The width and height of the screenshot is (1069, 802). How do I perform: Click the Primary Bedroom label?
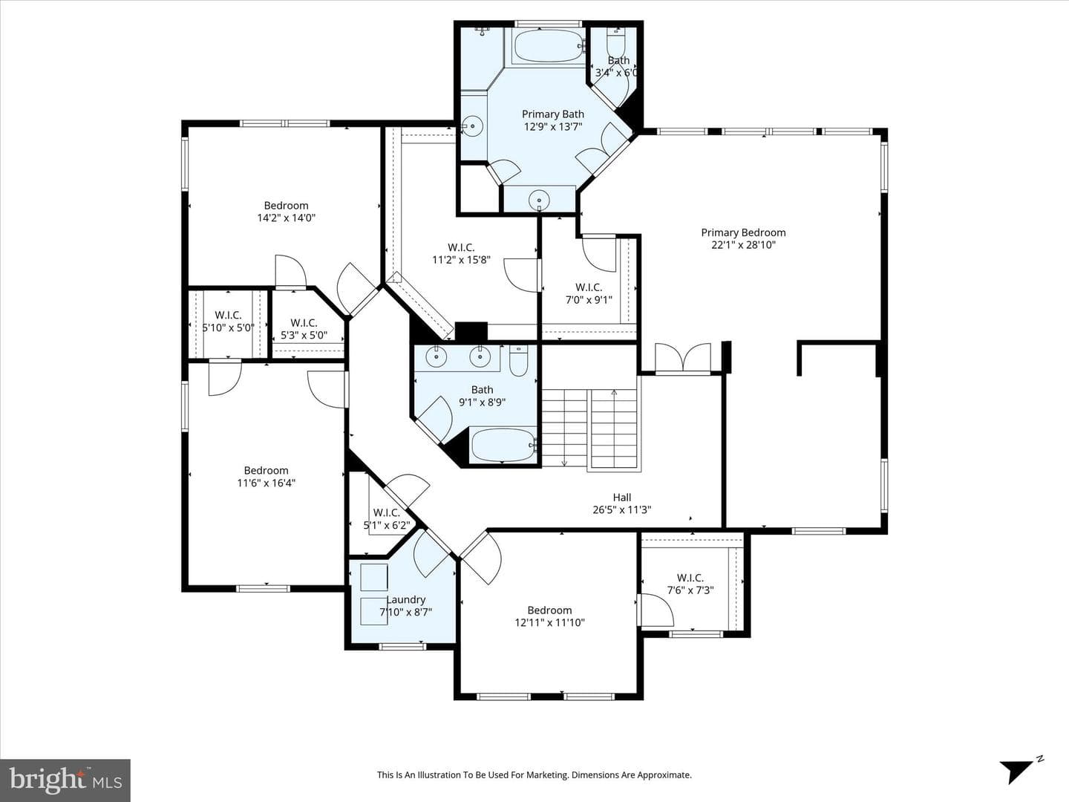click(x=743, y=232)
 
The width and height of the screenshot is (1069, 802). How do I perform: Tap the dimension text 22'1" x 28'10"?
click(x=743, y=245)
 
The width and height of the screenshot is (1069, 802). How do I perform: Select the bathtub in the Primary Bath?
click(x=549, y=46)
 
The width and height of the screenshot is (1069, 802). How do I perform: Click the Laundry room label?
click(x=405, y=599)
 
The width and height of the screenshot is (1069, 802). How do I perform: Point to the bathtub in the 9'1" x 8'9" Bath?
click(x=503, y=445)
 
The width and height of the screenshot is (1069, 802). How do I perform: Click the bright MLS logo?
click(x=65, y=780)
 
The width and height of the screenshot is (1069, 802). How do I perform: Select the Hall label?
click(x=622, y=498)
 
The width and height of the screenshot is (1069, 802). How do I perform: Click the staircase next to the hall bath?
click(x=589, y=428)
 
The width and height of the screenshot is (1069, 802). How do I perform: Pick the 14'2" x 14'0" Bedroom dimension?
click(x=287, y=218)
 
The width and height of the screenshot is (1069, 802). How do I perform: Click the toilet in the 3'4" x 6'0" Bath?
click(x=616, y=43)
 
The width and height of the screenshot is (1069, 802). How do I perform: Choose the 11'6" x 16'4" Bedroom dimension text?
click(x=267, y=483)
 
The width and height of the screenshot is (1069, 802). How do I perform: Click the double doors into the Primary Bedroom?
click(x=683, y=358)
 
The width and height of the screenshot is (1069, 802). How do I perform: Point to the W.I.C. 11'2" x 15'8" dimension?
click(x=461, y=260)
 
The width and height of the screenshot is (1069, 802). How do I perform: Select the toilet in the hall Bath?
click(x=519, y=361)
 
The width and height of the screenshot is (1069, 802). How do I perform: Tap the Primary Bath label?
click(x=553, y=114)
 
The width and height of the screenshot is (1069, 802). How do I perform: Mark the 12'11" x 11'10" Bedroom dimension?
click(x=549, y=622)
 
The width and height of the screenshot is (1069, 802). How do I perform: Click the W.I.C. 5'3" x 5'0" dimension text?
click(x=304, y=336)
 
